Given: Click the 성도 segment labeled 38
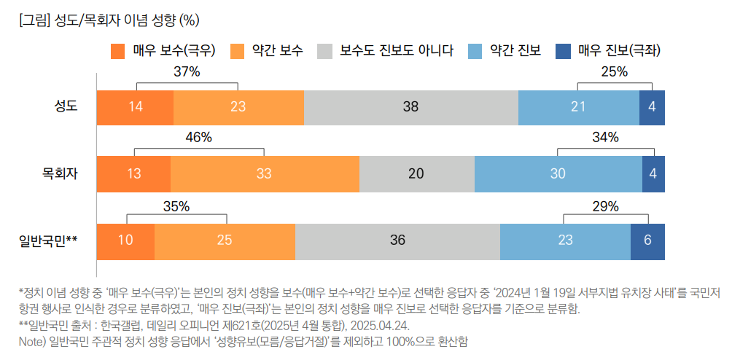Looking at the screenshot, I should coord(410,107).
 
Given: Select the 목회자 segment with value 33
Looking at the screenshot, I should coord(265,173).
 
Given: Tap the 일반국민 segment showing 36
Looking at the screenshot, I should coord(397,240).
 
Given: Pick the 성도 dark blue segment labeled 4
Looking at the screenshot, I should coord(652,107).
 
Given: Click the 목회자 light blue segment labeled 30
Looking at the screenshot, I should coord(558,173).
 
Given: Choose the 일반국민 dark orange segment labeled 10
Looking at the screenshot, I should coord(125,240).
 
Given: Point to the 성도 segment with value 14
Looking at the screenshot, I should coord(135,107).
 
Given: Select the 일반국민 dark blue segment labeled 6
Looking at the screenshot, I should coord(647,240).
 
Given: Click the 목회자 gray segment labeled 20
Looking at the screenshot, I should coord(416,173).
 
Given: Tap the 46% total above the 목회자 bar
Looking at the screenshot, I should coord(198,138).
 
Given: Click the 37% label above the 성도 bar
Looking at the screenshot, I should coord(187,71).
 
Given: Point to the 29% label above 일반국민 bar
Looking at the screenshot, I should coord(605,206).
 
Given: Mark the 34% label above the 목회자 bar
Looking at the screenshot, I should coord(605,138).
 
